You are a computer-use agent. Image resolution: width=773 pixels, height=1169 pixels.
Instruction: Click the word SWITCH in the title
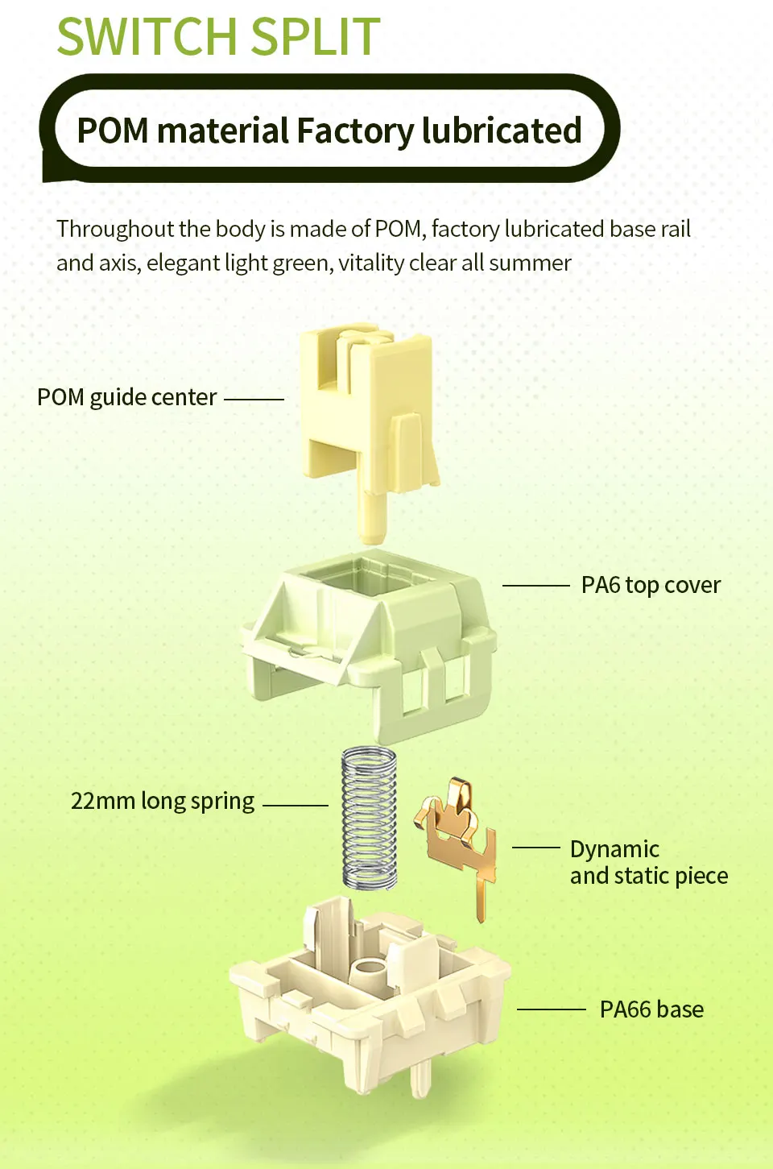(x=148, y=35)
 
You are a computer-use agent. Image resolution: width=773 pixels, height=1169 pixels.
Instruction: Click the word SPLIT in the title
(x=316, y=35)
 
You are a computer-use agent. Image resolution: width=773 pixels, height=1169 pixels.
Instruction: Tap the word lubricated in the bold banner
(x=502, y=130)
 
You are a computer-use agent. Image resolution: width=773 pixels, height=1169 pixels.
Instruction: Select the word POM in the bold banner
(x=113, y=130)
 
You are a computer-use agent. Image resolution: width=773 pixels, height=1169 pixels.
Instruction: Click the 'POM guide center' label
(x=126, y=398)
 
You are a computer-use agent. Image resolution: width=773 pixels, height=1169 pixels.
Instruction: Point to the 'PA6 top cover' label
(x=651, y=585)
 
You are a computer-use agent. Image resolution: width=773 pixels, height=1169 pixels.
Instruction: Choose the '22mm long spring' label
(x=163, y=801)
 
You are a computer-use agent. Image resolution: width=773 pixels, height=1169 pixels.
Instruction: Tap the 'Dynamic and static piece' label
(x=649, y=862)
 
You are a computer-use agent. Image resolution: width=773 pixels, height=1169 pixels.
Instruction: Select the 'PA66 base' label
(x=651, y=1009)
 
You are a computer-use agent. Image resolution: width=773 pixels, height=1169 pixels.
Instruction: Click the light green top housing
(x=368, y=645)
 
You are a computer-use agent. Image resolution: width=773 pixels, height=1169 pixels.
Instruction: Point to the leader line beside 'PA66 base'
(x=552, y=1009)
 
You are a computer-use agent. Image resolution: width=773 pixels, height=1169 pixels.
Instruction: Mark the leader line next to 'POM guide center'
(x=254, y=400)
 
